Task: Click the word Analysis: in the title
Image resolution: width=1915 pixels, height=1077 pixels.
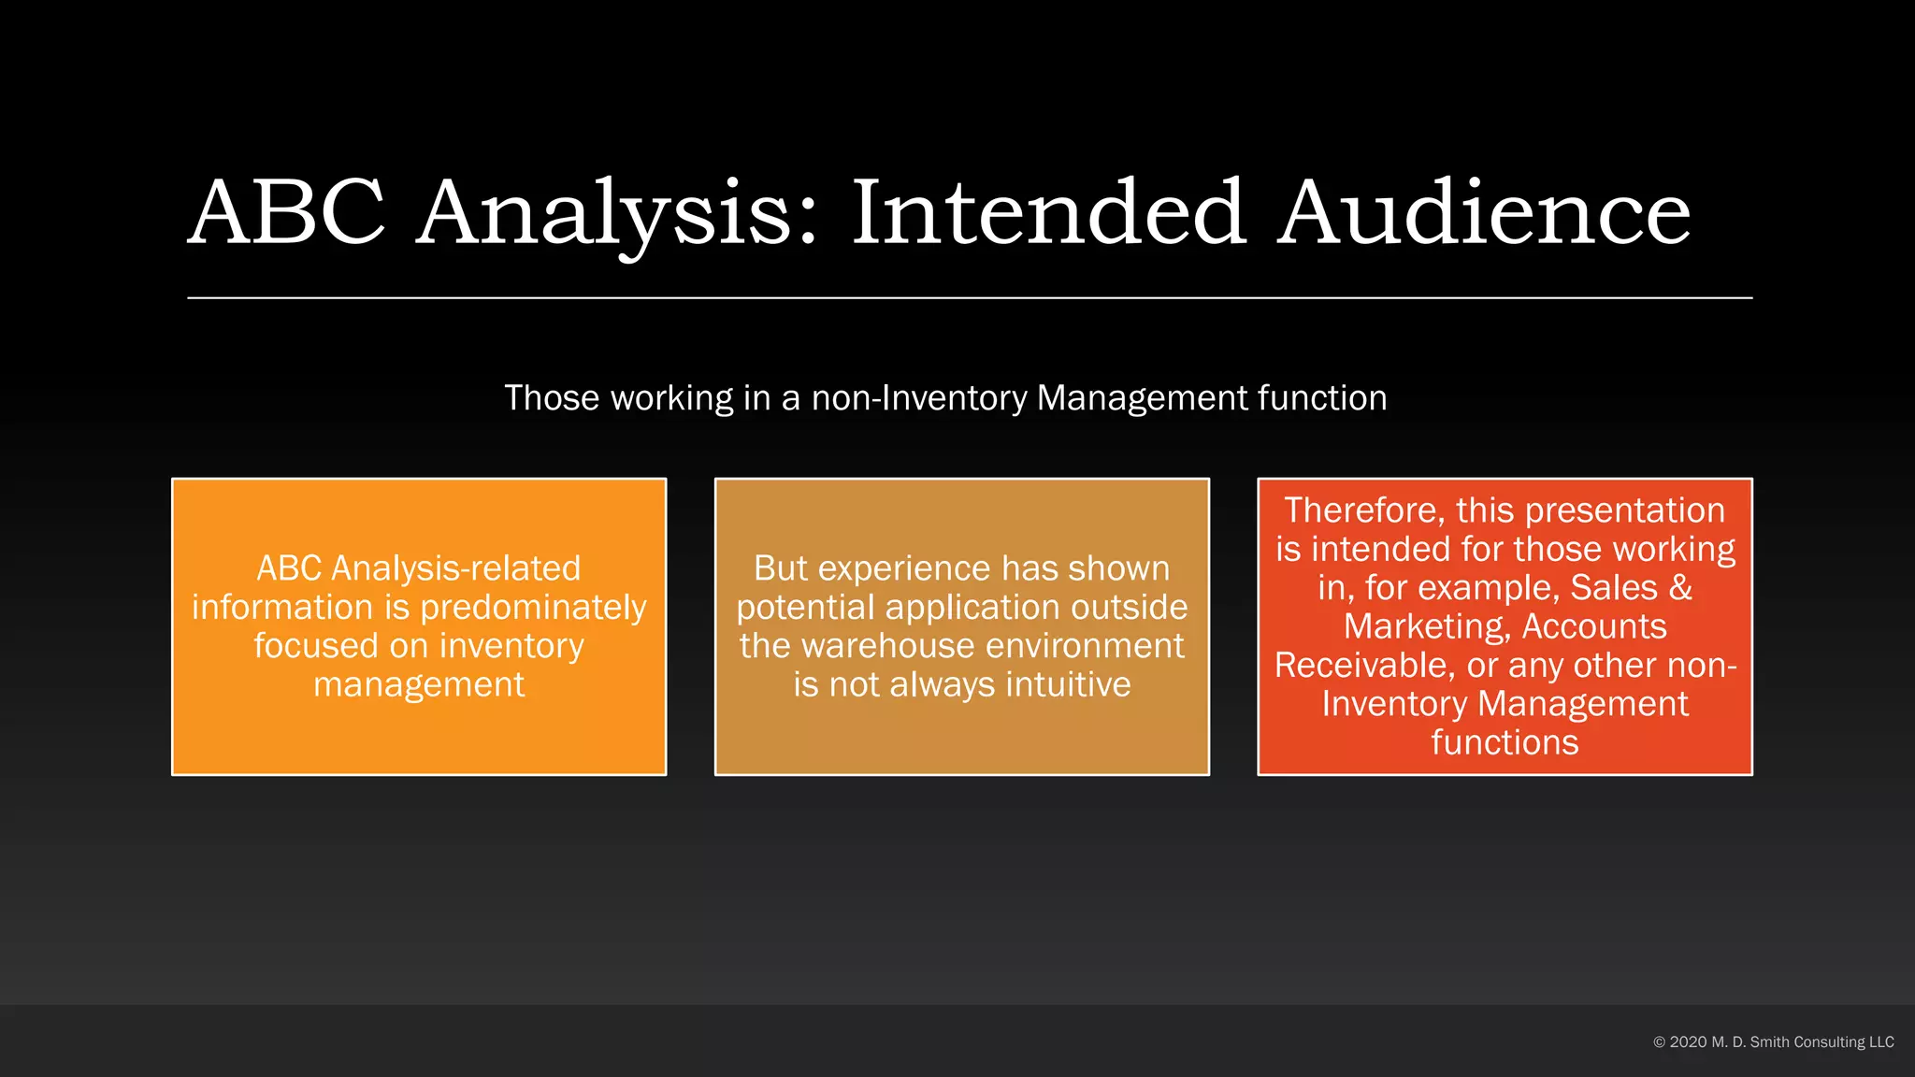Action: tap(618, 215)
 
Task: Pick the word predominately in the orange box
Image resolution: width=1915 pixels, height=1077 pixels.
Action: tap(533, 608)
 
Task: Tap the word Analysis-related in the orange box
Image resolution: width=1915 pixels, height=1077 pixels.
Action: tap(455, 568)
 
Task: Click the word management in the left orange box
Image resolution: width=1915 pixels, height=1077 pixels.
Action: tap(419, 684)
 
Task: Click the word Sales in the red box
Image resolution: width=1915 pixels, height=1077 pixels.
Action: tap(1613, 588)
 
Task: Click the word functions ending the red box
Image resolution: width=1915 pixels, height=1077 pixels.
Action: tap(1505, 742)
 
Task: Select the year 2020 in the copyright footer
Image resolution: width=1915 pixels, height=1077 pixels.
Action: tap(1688, 1041)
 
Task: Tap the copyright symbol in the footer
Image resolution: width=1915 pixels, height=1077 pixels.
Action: tap(1660, 1041)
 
